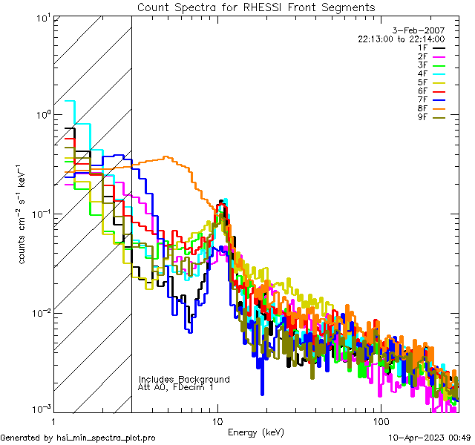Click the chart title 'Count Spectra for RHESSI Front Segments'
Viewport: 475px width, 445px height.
[x=256, y=7]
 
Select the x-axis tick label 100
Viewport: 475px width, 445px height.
[x=380, y=420]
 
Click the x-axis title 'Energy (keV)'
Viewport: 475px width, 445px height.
[x=255, y=432]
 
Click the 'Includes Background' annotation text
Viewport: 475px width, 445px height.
[x=184, y=379]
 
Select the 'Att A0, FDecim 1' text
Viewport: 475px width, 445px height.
[x=176, y=387]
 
